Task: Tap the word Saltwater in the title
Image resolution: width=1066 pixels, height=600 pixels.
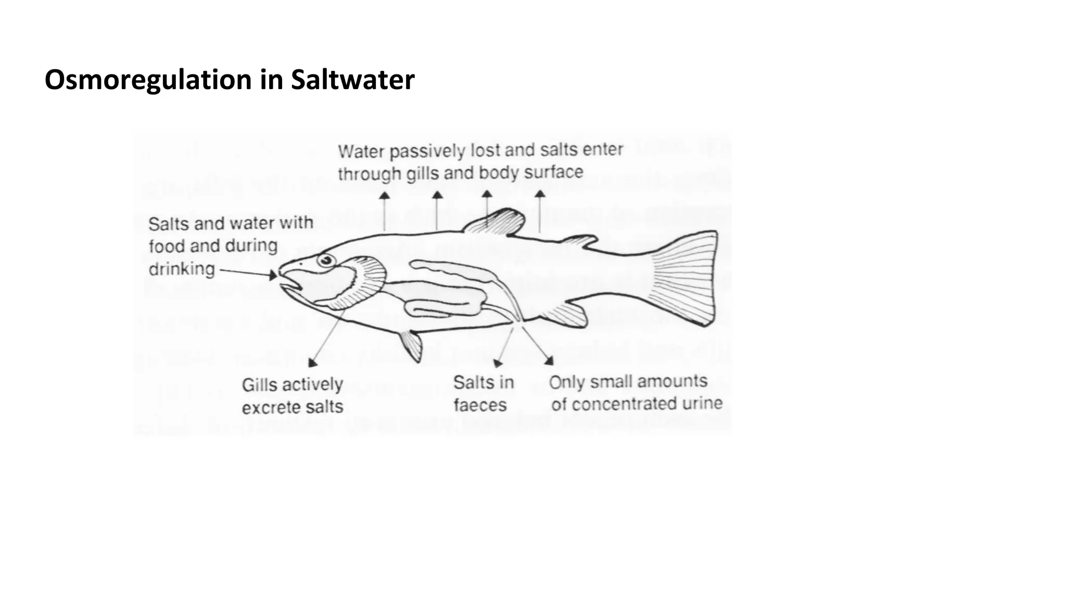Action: [x=352, y=80]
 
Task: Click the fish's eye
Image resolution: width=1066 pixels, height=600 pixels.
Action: [x=326, y=259]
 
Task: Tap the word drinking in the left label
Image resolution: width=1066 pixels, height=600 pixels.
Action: [x=182, y=269]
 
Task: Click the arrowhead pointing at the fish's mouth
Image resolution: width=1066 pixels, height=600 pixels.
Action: [x=273, y=275]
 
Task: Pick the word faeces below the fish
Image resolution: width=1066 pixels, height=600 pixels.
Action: [x=480, y=405]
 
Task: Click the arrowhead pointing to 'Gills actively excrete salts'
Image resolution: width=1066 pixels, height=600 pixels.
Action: [x=312, y=362]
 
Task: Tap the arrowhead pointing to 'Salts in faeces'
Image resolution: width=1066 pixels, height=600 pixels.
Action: [x=498, y=363]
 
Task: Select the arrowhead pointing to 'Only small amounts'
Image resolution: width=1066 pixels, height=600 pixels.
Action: [x=549, y=360]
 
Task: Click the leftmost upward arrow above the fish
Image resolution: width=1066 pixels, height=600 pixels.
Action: [x=384, y=196]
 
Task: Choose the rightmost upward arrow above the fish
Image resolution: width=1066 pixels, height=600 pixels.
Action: [x=540, y=194]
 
